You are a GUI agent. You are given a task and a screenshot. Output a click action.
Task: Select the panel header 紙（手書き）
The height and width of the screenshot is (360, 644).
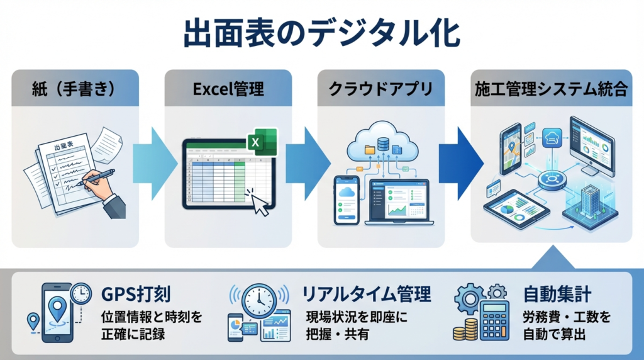point(75,89)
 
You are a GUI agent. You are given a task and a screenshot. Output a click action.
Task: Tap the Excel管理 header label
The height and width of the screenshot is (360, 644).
point(228,89)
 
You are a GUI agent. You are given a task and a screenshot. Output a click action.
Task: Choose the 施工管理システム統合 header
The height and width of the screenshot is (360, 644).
point(551,89)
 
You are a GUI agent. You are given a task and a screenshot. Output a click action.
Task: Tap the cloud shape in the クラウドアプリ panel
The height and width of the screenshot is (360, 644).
point(381,145)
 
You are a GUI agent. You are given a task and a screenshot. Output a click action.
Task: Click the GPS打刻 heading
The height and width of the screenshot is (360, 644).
point(135,294)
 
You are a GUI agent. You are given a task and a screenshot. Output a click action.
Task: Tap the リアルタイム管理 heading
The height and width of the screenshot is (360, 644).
point(366,294)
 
